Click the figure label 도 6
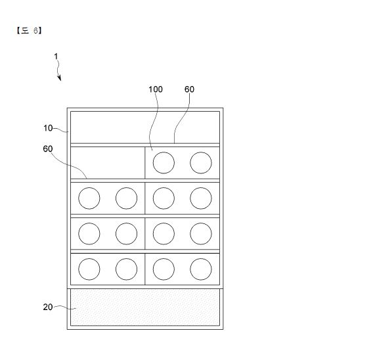29,30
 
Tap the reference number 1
56,56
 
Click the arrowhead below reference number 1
60,78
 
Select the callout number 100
156,89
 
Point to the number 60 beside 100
189,89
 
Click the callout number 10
48,128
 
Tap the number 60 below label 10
48,148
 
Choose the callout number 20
48,307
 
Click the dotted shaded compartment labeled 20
145,307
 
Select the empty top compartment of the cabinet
145,127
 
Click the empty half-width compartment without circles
108,163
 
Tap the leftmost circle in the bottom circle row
89,269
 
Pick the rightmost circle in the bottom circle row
201,269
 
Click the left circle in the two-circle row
164,163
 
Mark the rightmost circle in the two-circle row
201,163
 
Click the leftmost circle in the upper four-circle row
89,198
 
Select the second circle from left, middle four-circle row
126,234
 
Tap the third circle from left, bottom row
164,269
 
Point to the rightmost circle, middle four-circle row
201,234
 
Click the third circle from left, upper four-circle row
164,198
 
